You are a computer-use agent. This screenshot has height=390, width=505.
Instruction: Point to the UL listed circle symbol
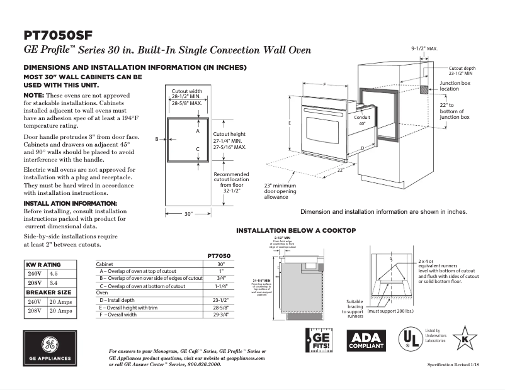click(410, 340)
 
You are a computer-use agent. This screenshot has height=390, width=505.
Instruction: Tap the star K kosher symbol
click(465, 338)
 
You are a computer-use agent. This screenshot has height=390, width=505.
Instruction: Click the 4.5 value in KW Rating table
click(54, 274)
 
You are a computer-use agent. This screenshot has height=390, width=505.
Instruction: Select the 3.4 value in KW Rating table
click(54, 283)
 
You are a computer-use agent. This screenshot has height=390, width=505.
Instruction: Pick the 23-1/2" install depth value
click(220, 300)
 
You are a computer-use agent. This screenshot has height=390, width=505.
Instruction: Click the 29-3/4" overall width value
click(220, 315)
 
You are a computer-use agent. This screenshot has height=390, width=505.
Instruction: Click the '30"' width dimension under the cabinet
click(188, 214)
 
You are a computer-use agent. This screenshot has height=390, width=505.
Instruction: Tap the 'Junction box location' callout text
click(455, 86)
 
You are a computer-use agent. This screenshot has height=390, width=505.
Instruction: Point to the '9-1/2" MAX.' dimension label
click(424, 48)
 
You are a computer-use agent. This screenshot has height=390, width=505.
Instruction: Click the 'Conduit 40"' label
click(362, 121)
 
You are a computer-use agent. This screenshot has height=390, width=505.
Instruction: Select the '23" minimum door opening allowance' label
click(280, 191)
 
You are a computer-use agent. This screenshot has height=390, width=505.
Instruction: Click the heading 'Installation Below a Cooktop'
click(295, 231)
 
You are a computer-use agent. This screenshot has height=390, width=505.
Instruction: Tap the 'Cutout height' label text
click(229, 134)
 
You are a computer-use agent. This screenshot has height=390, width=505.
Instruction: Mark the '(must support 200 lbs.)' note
click(390, 311)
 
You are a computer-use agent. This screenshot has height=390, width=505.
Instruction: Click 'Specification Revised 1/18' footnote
click(453, 365)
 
